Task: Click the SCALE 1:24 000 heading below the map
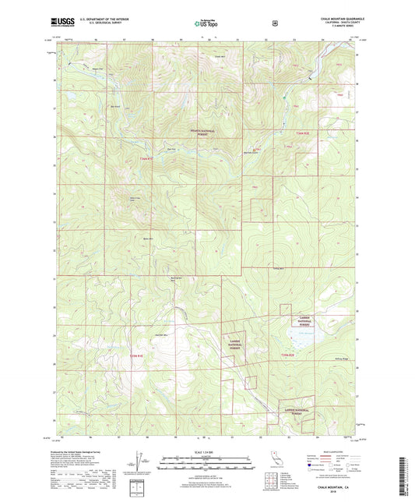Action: click(x=206, y=454)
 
